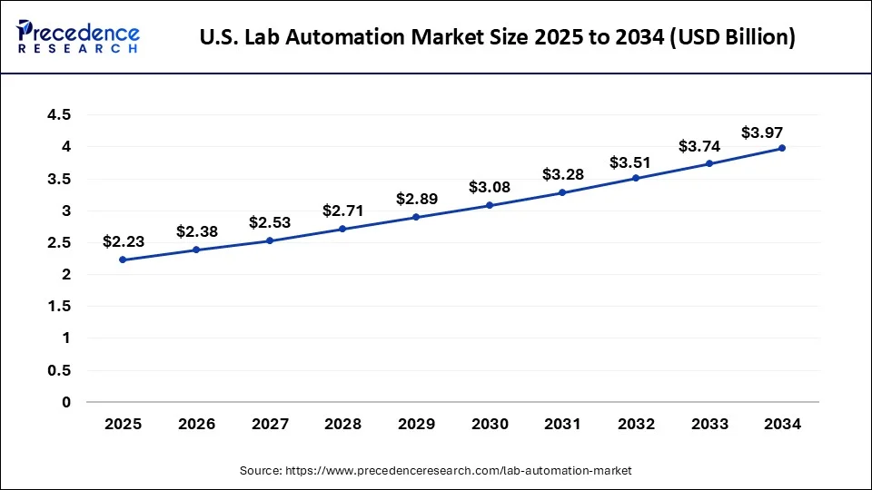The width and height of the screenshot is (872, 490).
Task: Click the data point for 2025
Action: tap(123, 260)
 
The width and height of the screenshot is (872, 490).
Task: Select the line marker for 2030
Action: tap(490, 205)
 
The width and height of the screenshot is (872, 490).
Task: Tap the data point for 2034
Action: tap(782, 148)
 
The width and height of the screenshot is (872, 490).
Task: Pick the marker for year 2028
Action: tap(342, 229)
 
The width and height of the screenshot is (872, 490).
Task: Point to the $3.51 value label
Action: tap(636, 162)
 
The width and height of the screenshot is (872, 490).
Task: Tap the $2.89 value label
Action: tap(416, 199)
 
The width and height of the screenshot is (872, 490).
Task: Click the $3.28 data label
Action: tap(562, 174)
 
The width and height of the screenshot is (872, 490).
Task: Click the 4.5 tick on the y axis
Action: tap(61, 115)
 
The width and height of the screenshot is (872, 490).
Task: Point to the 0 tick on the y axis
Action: tap(66, 402)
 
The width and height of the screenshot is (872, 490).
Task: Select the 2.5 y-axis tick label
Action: tap(61, 242)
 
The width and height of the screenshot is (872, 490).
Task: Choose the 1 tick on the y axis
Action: tap(66, 338)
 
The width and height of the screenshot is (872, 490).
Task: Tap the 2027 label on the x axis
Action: tap(270, 424)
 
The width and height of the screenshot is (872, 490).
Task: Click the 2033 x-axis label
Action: tap(709, 424)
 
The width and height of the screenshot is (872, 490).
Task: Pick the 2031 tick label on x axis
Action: tap(562, 424)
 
